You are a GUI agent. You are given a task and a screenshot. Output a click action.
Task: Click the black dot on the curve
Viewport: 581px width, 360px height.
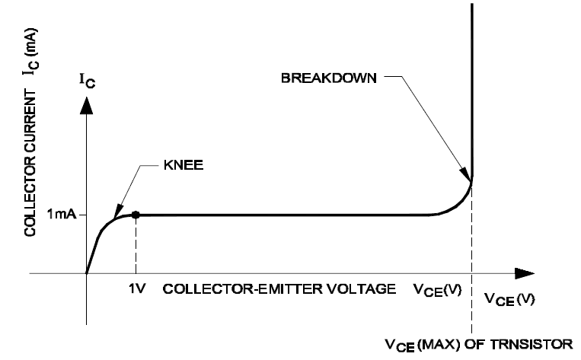coord(136,215)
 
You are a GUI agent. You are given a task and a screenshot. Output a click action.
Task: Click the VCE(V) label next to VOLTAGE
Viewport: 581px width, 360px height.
coord(437,290)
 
